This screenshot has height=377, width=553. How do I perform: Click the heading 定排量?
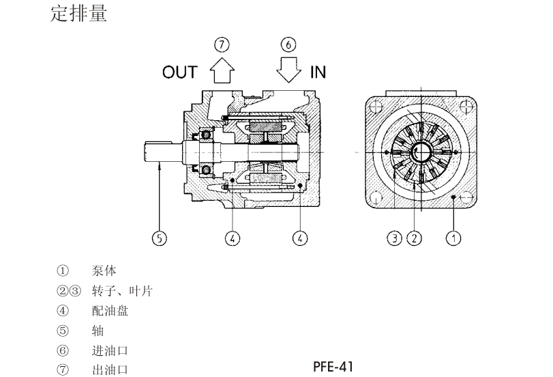79,14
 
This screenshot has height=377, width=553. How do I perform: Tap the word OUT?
179,72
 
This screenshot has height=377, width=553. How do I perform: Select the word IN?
318,72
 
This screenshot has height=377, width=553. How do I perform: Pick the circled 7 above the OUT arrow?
222,44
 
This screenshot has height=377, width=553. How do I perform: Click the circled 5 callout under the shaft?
158,238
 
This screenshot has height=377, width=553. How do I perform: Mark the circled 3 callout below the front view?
395,238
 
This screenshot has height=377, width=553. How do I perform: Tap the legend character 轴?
98,331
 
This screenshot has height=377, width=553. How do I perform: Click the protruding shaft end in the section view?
160,150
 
